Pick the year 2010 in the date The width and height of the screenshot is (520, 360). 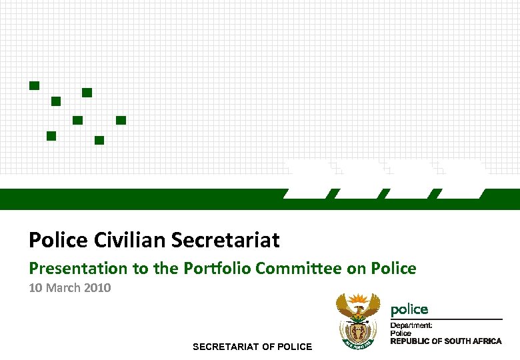[98, 288]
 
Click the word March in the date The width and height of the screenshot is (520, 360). [63, 288]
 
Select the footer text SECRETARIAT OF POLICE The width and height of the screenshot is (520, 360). [252, 347]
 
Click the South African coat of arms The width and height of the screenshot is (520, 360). [358, 321]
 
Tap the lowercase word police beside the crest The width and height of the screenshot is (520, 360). [409, 309]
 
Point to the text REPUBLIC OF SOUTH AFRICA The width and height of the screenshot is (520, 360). [445, 341]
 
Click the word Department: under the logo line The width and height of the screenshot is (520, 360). [411, 325]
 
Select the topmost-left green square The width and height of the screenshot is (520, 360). [34, 85]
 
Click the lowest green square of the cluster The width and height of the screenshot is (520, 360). [99, 140]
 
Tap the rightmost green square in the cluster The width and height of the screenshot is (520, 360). [121, 120]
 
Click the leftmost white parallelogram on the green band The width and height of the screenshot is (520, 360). [307, 180]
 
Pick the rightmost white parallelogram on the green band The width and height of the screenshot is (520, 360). [461, 180]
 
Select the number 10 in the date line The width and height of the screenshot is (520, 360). [35, 288]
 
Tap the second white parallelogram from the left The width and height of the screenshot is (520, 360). [359, 180]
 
